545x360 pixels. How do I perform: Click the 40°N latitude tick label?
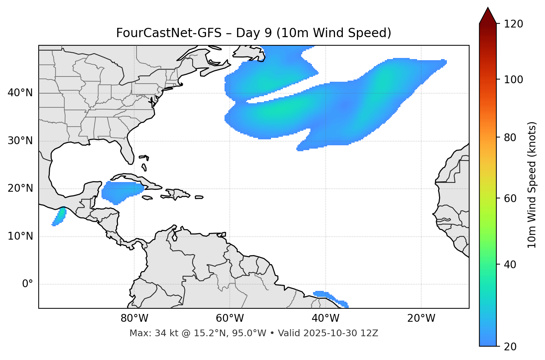[x=20, y=93]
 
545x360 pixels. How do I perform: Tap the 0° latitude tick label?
[x=27, y=284]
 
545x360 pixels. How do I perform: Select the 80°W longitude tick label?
[x=134, y=318]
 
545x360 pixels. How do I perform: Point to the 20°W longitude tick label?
[x=421, y=318]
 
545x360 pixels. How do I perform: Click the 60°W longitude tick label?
[x=230, y=318]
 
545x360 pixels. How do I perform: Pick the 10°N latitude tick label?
[x=20, y=236]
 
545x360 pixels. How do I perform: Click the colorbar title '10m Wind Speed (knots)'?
[x=532, y=185]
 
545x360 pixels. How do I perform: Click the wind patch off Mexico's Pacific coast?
[x=59, y=216]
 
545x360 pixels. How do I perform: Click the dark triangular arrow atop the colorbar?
[x=488, y=16]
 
